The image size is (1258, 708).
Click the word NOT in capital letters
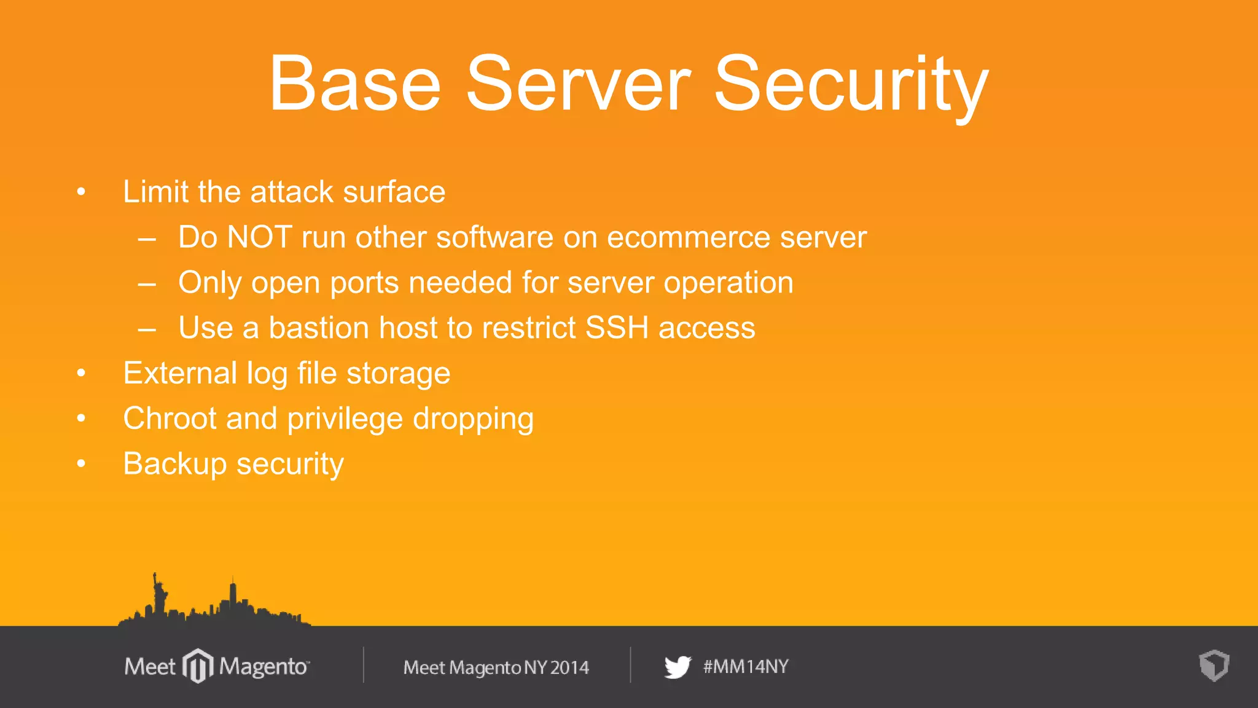point(259,237)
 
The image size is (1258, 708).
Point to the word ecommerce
point(688,237)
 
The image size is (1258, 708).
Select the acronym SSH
point(617,328)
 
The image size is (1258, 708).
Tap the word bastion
point(318,328)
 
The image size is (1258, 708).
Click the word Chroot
point(170,419)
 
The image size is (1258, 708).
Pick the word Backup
point(175,464)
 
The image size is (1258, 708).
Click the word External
point(180,373)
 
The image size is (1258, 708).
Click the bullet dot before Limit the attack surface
point(81,192)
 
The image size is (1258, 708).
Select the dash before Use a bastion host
point(147,329)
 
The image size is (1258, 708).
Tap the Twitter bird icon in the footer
point(678,667)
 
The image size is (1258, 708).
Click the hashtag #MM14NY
point(746,667)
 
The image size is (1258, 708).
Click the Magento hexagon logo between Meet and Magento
point(198,666)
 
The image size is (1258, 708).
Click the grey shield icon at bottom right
point(1214,666)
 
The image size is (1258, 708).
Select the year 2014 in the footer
point(569,667)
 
